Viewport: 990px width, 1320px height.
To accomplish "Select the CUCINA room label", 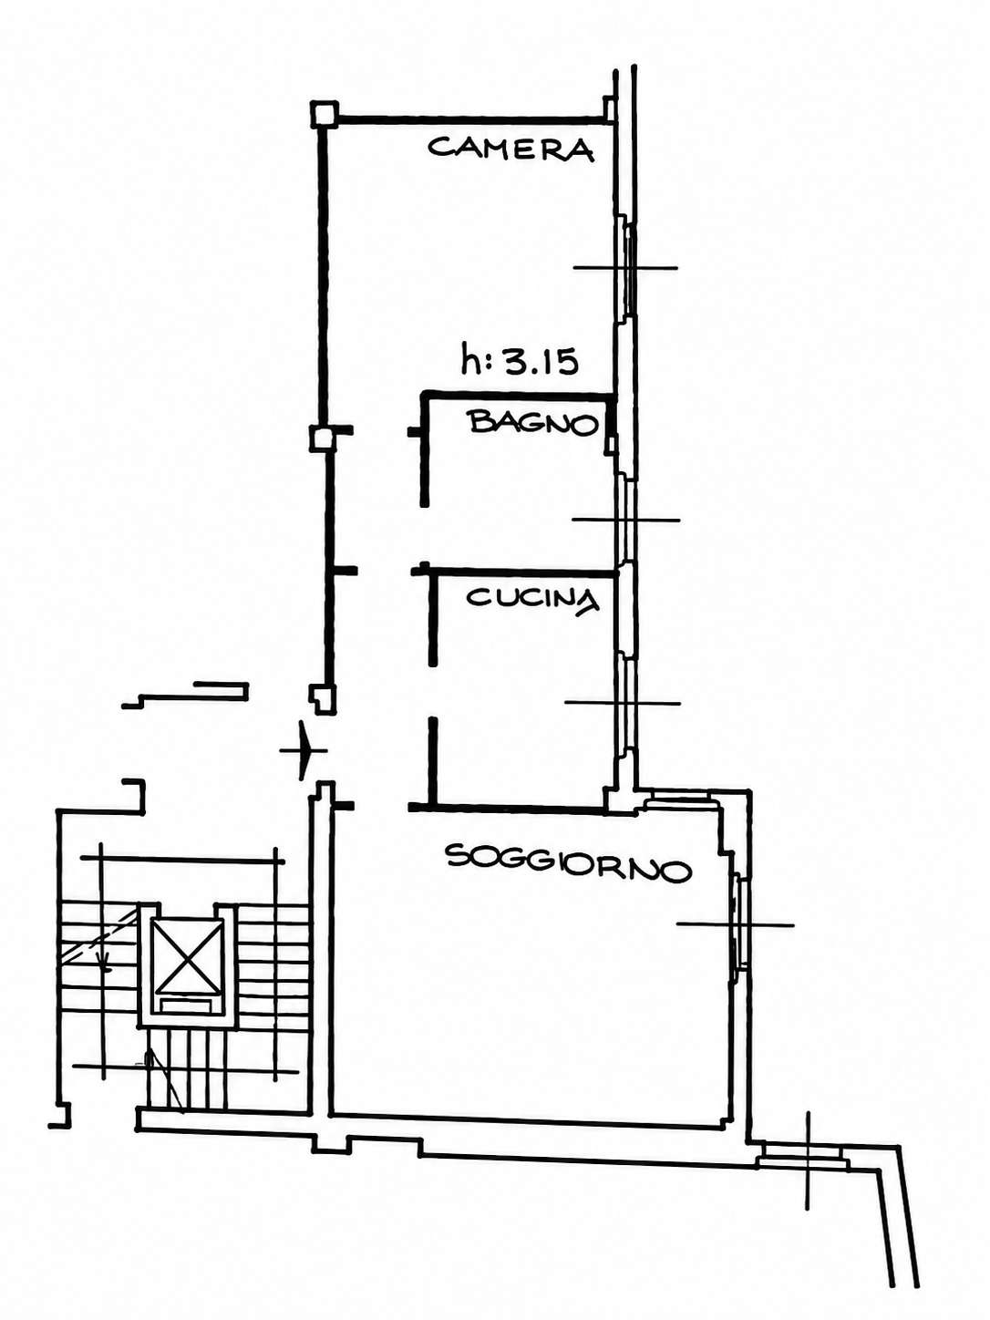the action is [x=533, y=599].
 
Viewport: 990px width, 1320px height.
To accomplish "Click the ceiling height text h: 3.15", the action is [x=520, y=359].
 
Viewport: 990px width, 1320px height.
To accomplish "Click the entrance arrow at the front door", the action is [x=304, y=750].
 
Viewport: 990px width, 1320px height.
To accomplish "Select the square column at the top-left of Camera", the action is [x=325, y=114].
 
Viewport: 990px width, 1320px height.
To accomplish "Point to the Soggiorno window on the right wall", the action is [x=739, y=924].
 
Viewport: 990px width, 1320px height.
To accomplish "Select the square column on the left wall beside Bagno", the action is [x=320, y=438].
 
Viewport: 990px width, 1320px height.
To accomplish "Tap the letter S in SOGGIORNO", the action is [x=457, y=856].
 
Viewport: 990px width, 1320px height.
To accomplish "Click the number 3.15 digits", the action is [x=541, y=362].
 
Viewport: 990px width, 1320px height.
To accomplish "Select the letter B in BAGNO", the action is [x=481, y=421].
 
